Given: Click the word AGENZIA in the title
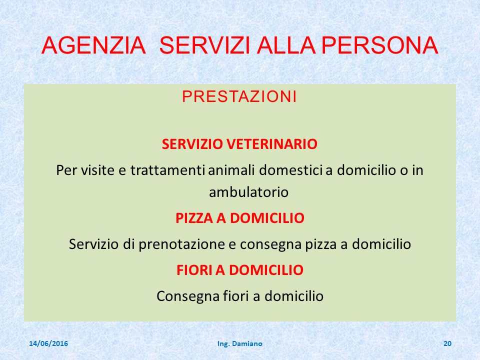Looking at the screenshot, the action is pos(93,45).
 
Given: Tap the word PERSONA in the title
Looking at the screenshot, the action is pos(379,45).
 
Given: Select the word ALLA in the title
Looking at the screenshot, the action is pos(286,45).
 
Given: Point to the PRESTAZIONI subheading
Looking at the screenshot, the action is pos(239,96).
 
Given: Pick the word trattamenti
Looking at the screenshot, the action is pos(168,170).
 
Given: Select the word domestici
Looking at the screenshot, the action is pos(291,170).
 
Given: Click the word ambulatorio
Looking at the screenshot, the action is pos(248,192).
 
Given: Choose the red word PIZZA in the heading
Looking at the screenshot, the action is pos(194,218).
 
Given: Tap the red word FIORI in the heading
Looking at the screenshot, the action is pos(194,270).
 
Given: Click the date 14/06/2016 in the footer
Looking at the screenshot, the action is pos(48,343).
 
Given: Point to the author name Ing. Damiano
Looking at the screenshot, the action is pos(239,344).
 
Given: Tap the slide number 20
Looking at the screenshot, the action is pos(447,343).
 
